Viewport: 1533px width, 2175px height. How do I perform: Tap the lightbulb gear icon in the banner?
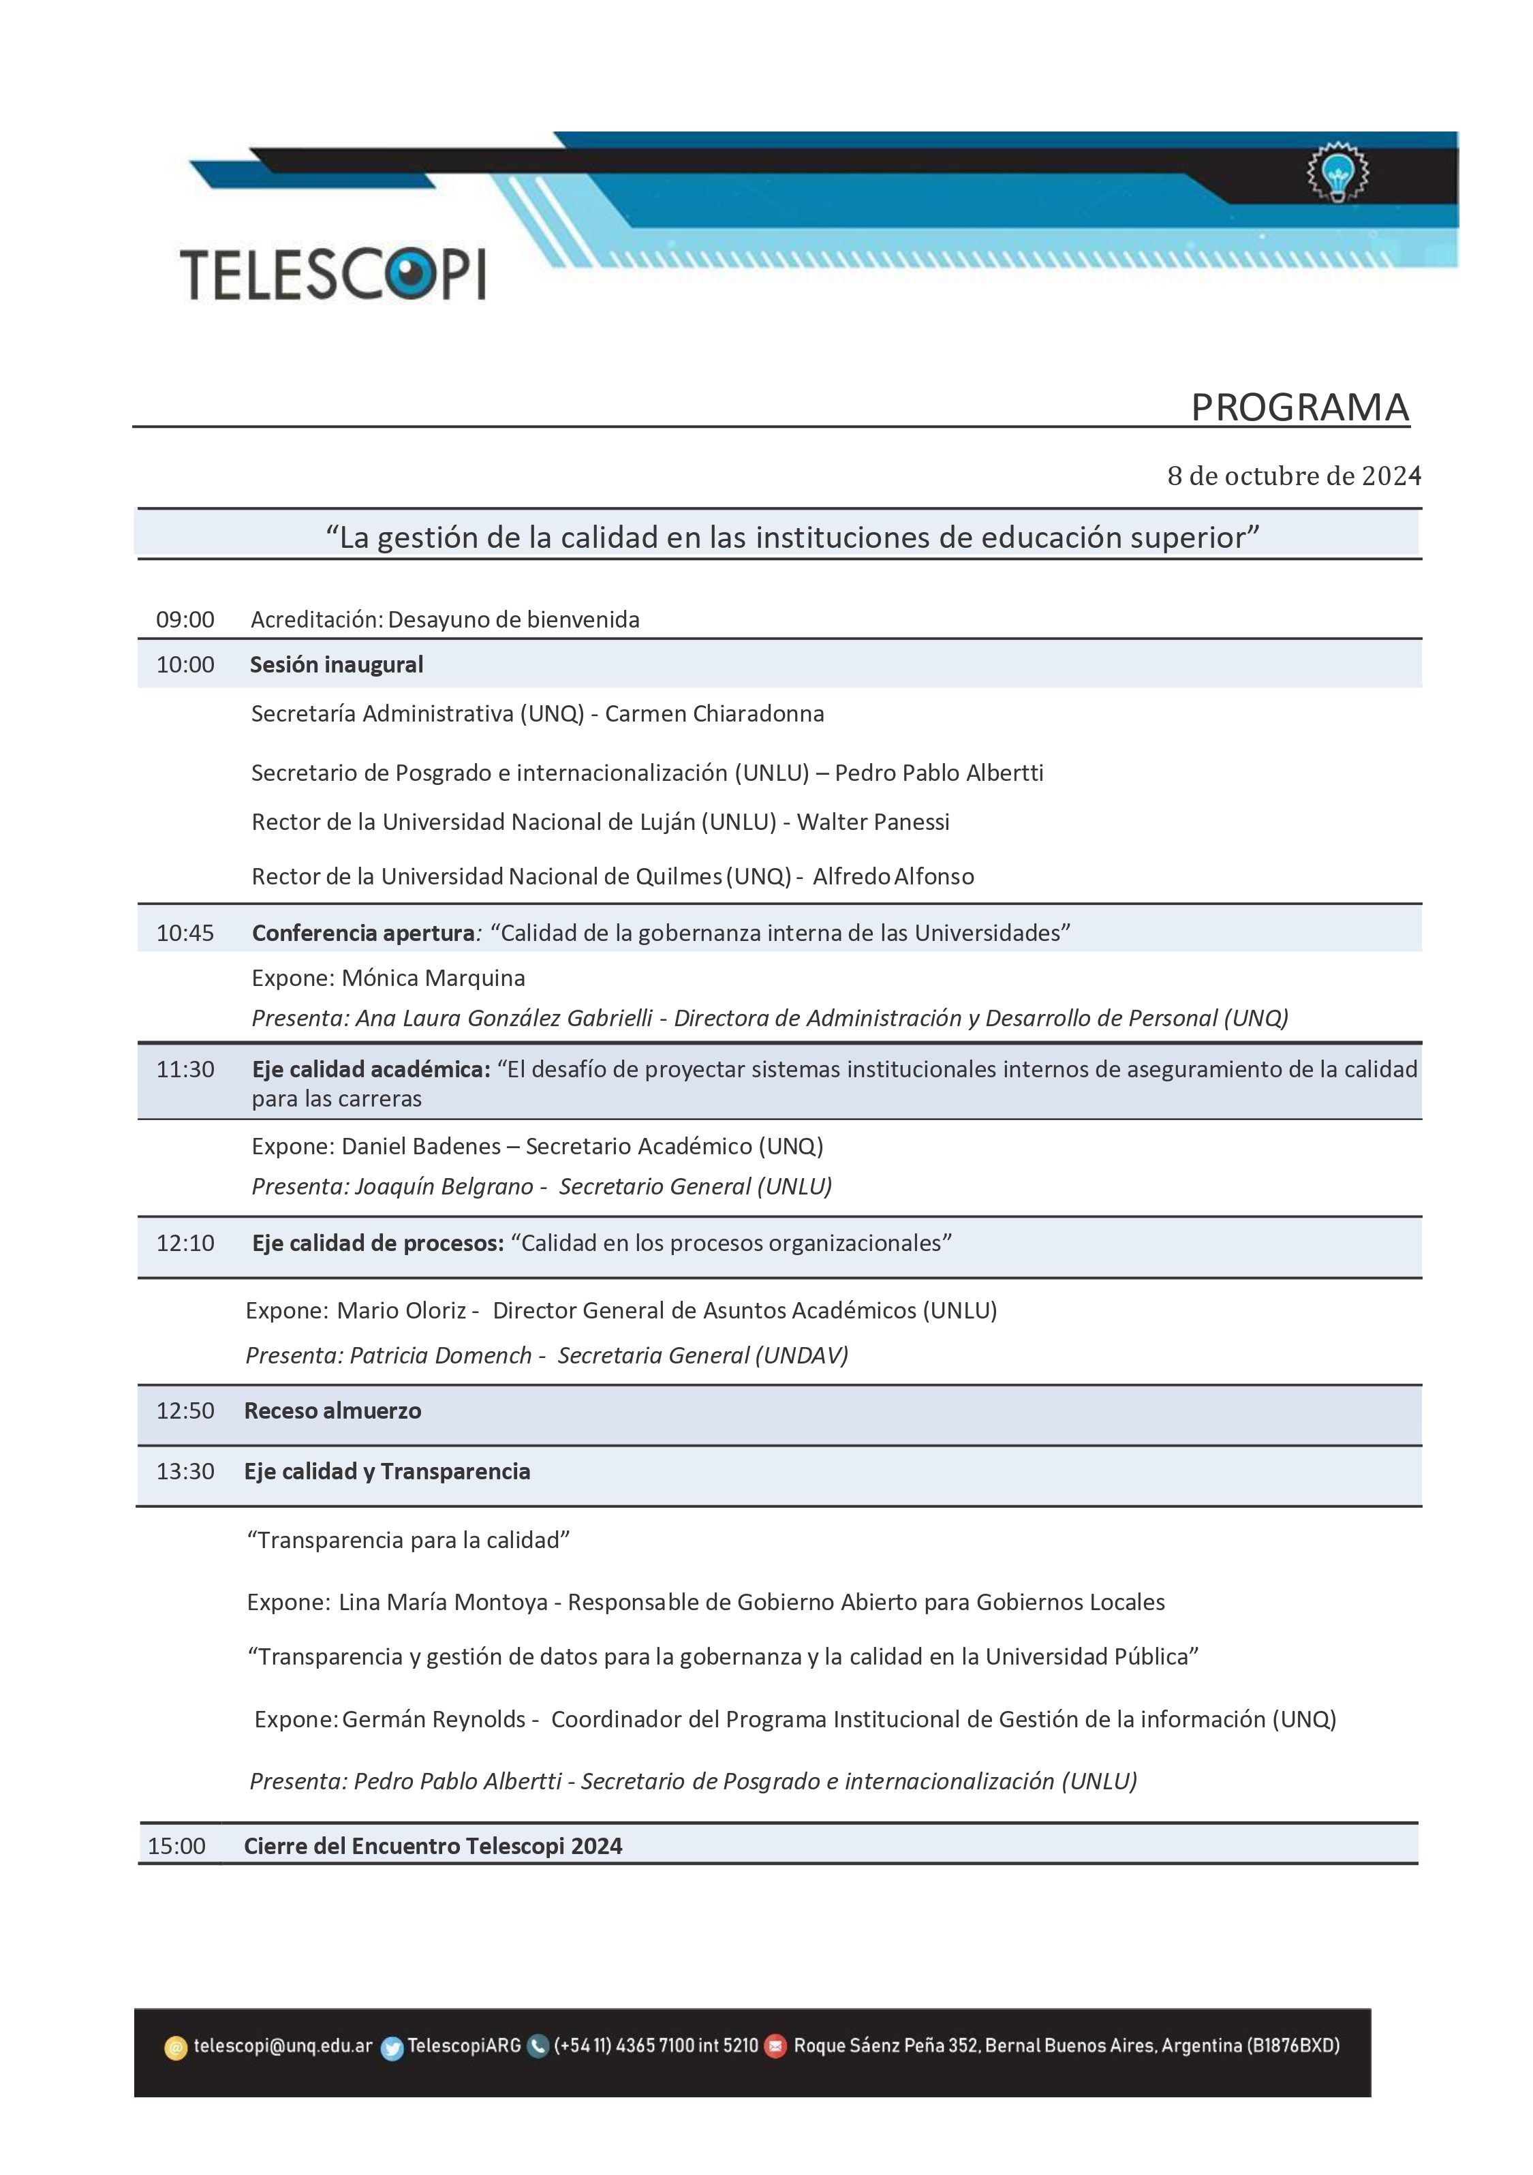(1337, 172)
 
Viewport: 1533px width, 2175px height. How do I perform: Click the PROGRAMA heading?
(1299, 407)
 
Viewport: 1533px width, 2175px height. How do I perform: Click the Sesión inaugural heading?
(337, 665)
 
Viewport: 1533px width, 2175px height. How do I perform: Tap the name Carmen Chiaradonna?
(715, 714)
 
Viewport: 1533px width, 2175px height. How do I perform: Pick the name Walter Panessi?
(873, 822)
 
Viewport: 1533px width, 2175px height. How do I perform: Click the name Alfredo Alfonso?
(893, 877)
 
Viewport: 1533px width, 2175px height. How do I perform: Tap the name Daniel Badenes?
(420, 1146)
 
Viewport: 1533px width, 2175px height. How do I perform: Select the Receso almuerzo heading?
(332, 1410)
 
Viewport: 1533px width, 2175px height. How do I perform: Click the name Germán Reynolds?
(434, 1719)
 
